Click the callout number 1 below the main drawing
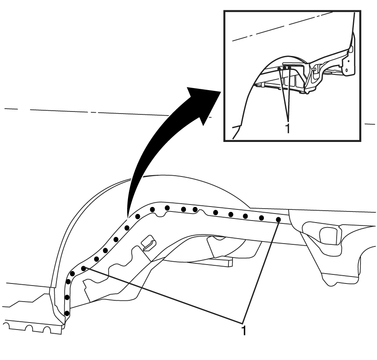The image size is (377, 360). [244, 330]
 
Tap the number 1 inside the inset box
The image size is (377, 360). [288, 128]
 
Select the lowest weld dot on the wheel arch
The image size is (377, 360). [67, 314]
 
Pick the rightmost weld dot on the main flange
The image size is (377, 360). [278, 219]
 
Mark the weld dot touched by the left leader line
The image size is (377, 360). [84, 268]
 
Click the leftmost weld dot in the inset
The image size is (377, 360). [279, 69]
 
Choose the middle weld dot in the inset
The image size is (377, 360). [284, 68]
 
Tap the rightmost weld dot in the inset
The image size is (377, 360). [289, 68]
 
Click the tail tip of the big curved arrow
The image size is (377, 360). [128, 218]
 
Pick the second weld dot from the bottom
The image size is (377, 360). [67, 297]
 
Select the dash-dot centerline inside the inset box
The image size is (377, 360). [282, 26]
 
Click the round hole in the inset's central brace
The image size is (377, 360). [315, 69]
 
